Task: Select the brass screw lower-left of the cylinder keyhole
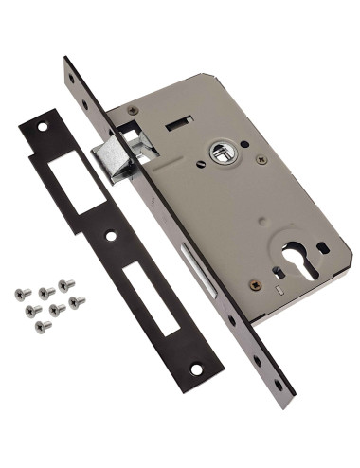pyautogui.click(x=255, y=283)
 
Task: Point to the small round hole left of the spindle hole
pyautogui.click(x=201, y=162)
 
